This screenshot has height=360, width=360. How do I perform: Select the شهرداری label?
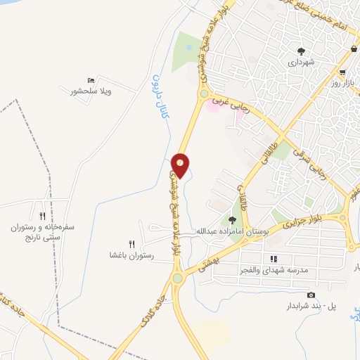click(x=302, y=62)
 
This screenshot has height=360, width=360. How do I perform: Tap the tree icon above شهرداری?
click(x=302, y=51)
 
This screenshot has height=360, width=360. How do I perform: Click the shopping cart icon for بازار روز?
click(x=342, y=72)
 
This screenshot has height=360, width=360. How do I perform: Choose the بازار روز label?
click(x=346, y=84)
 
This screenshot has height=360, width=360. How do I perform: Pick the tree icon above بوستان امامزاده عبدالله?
click(x=232, y=220)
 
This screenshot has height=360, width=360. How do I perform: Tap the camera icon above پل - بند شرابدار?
click(x=311, y=295)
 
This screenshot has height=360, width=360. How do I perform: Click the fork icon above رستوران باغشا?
click(x=131, y=243)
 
